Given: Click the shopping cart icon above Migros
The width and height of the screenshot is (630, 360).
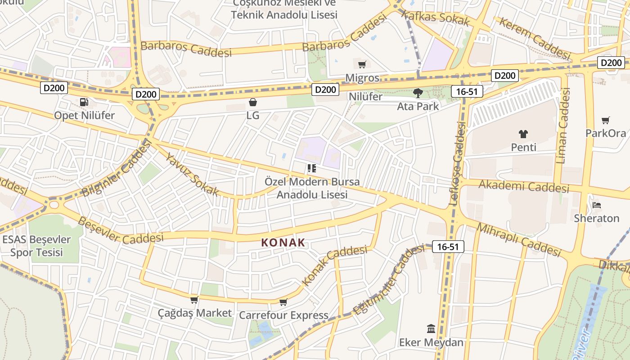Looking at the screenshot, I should point(362,64).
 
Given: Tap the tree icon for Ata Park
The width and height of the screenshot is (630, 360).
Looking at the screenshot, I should point(418,93).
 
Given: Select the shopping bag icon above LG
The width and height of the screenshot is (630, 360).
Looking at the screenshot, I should point(253,102).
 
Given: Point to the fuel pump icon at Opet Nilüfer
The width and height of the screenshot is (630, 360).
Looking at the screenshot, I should point(84,102).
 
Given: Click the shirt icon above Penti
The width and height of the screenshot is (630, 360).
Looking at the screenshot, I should point(523,134).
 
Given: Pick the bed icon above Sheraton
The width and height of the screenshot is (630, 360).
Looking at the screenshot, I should point(597,205).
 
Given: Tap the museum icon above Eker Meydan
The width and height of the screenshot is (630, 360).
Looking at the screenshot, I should point(431,328).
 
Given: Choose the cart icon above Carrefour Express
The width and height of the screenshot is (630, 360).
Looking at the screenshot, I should point(283,302).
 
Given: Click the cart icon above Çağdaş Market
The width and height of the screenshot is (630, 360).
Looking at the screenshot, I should point(194,300).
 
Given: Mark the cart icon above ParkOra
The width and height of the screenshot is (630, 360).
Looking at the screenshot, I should point(605,120).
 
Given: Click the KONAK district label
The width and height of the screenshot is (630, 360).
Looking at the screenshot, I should point(283,243).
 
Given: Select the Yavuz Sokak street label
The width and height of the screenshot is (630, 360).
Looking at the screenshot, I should point(192,175).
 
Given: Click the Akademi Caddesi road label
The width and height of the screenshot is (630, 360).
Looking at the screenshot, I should point(524,186).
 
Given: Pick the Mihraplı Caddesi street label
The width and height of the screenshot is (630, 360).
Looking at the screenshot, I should point(518,240).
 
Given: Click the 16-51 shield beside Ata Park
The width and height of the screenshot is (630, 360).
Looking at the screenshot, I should point(468,91).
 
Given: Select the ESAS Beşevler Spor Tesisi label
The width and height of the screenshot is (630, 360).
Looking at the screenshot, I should point(36,246).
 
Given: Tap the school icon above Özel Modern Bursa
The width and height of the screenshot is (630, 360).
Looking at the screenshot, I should point(311,168).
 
